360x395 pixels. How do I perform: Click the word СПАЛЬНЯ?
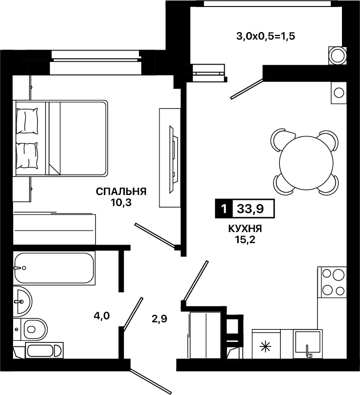tap(121, 191)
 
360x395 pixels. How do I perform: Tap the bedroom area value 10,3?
tap(121, 203)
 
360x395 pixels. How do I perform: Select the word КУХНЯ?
tap(245, 229)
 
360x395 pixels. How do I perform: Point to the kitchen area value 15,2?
tap(245, 240)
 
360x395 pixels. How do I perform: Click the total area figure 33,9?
tap(250, 209)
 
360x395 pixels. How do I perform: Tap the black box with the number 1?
tap(224, 209)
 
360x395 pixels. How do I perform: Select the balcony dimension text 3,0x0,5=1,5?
tap(266, 37)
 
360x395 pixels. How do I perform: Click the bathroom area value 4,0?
tap(102, 315)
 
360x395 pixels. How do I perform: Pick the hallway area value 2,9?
tap(159, 319)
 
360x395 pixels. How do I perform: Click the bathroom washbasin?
tap(22, 301)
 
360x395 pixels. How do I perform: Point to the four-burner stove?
tap(332, 282)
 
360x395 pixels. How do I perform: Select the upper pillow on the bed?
tap(27, 121)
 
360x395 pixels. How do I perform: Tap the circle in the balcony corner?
tap(337, 56)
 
